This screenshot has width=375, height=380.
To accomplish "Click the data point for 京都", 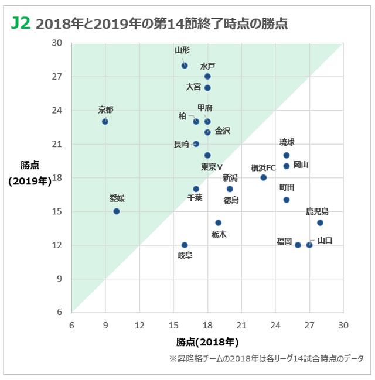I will [105, 121].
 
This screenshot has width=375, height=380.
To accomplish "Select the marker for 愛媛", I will [117, 211].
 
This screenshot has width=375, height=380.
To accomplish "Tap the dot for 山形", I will [185, 66].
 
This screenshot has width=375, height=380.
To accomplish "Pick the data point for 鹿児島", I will [320, 222].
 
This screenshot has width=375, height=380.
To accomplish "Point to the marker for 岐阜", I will [185, 245].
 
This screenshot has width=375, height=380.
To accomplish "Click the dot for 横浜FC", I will [264, 177].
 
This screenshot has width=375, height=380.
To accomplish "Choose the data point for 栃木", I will [219, 222].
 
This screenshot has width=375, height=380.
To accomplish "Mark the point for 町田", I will [287, 200].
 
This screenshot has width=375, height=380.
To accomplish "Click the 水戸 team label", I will [207, 66].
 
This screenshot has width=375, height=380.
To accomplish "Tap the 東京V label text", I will [212, 167].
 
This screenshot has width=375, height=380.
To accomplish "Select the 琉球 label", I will [287, 142].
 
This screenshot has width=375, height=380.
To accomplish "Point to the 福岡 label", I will [284, 241].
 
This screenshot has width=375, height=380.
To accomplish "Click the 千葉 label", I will [195, 198].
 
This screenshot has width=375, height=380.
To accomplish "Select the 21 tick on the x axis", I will [241, 324].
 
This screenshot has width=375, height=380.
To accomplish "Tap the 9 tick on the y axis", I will [59, 279].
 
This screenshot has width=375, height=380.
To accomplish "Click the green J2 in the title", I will [21, 23].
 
